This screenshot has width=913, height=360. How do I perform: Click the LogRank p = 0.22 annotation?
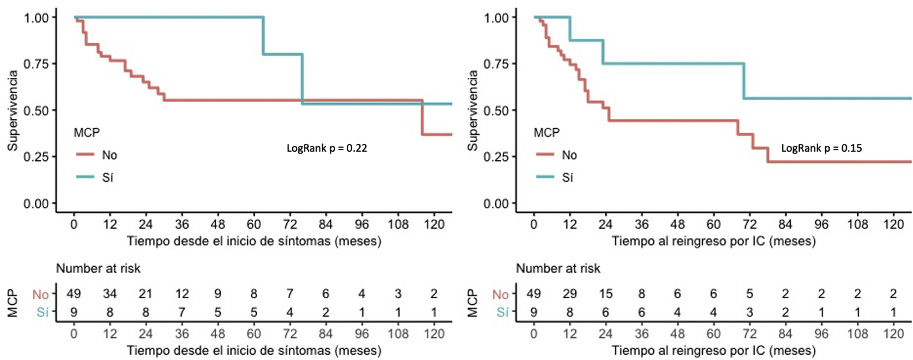tap(327, 148)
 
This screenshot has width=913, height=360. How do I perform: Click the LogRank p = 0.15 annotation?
tap(822, 148)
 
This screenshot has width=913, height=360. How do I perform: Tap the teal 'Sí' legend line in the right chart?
tap(546, 177)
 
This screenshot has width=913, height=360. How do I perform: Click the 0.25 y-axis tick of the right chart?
tap(496, 157)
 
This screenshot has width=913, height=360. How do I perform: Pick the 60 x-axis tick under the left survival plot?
tap(254, 224)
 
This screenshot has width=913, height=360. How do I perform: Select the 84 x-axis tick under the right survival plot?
tap(785, 224)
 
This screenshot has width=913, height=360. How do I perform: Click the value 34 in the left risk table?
tap(110, 294)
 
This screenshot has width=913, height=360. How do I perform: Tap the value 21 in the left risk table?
tap(146, 294)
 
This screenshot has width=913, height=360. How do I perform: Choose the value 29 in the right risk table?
tap(570, 294)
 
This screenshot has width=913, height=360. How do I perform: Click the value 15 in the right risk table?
tap(606, 294)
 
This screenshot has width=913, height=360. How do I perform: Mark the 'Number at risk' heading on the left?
tap(98, 269)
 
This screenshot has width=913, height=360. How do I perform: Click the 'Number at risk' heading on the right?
tap(558, 269)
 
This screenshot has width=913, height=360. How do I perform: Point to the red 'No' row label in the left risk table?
tap(40, 295)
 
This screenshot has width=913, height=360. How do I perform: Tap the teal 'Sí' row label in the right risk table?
tap(502, 312)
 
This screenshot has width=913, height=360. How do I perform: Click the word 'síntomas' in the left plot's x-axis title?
tap(308, 241)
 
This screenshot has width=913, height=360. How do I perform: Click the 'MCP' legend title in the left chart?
tap(86, 132)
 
